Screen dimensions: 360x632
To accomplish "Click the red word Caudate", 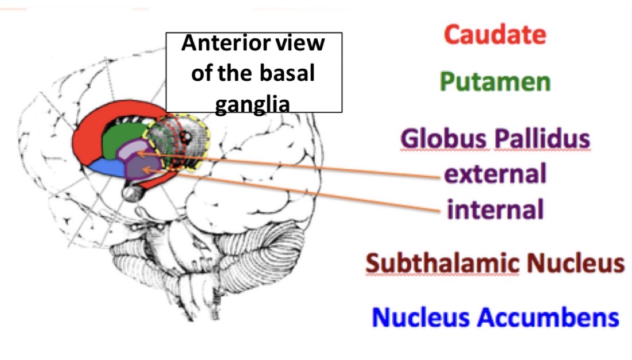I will pos(495,36).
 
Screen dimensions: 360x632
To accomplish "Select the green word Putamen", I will pos(495,82).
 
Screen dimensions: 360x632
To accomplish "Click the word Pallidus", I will pos(542,139).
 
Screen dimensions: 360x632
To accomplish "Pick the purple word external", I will pos(495,174).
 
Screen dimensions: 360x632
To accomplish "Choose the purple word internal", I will pos(494,209).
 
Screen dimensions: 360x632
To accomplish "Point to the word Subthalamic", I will pos(442,264).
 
